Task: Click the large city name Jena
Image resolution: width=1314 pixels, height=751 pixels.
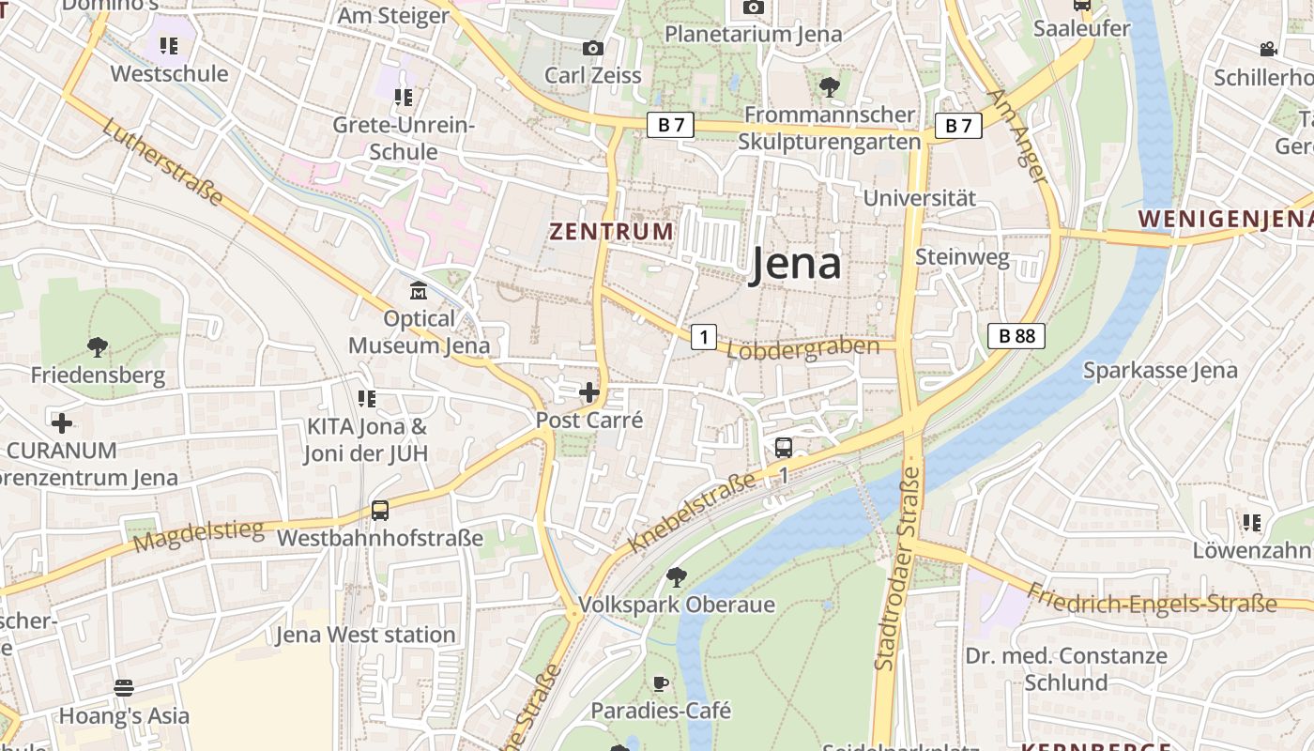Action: (795, 266)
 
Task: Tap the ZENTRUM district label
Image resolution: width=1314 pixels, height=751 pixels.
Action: (611, 231)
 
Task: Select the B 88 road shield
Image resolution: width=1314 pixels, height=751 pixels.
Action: (1016, 336)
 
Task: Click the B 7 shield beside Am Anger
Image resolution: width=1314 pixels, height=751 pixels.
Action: (957, 126)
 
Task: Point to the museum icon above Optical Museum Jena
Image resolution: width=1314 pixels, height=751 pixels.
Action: (419, 291)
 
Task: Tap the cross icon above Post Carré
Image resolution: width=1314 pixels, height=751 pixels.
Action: (589, 392)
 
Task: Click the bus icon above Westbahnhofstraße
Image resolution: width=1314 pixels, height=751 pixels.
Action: (380, 511)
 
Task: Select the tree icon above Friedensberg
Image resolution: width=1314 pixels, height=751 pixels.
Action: (97, 347)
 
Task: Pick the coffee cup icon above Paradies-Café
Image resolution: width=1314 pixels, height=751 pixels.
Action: (661, 682)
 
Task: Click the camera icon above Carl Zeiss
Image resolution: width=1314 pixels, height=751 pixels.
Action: (593, 48)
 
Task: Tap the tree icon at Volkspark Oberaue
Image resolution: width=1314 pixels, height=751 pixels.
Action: (676, 576)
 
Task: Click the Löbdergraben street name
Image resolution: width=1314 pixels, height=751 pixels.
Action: (803, 348)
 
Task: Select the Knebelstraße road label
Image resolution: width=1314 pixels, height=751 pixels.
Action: (692, 513)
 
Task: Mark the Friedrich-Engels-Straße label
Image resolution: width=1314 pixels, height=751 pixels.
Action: (1152, 598)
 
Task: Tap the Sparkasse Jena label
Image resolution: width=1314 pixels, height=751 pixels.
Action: (1160, 370)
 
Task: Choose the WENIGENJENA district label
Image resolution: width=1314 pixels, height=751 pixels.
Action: (1224, 219)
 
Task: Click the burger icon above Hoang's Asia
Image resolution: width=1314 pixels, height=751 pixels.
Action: (124, 688)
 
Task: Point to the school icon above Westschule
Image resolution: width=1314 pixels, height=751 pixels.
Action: (169, 45)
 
